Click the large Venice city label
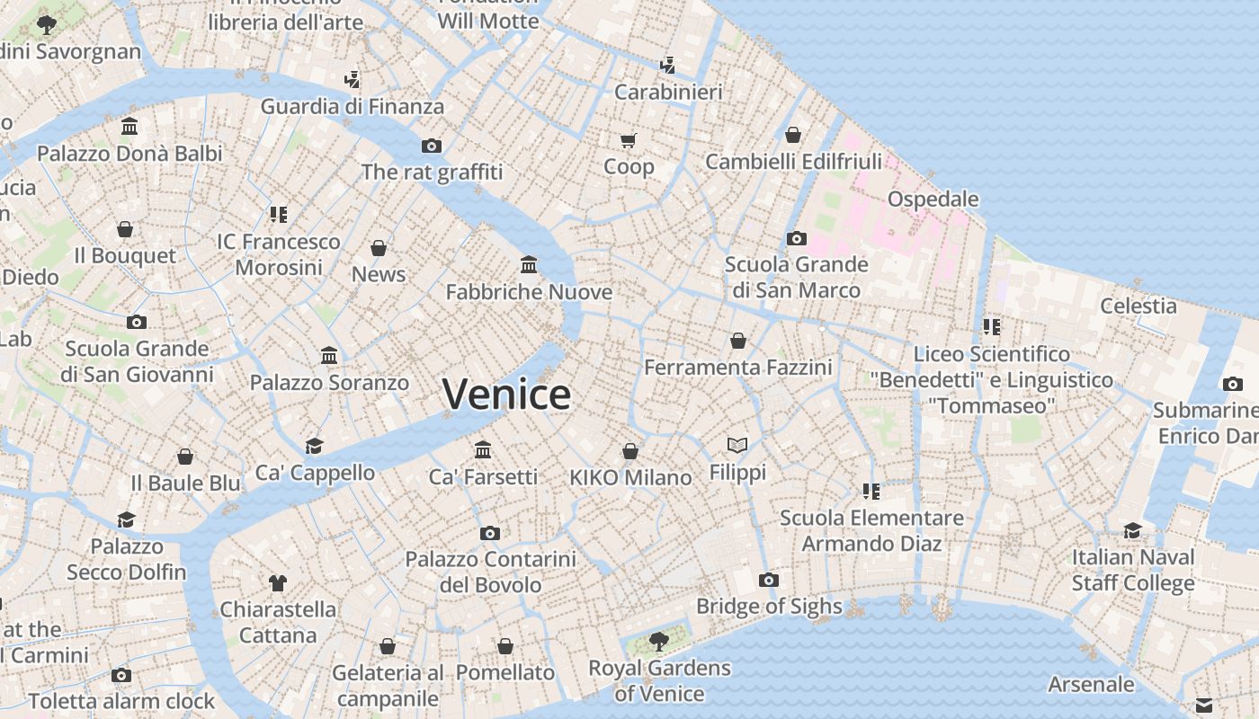(x=506, y=394)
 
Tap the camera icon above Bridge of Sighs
(x=768, y=580)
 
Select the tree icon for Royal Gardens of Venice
(x=659, y=641)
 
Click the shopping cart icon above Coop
(x=629, y=140)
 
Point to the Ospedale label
(x=933, y=199)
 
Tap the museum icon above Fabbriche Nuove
(x=529, y=265)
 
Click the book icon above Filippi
(x=737, y=445)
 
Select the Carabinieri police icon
(x=667, y=65)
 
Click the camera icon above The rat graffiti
(x=432, y=146)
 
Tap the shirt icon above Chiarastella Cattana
(x=278, y=583)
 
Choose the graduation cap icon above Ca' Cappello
(x=314, y=446)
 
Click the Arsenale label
(x=1091, y=684)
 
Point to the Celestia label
(x=1138, y=306)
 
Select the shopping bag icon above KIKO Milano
(x=630, y=450)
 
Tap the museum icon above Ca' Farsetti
(x=483, y=449)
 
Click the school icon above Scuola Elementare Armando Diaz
(x=871, y=491)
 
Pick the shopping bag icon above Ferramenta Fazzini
(x=738, y=341)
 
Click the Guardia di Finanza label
(x=353, y=107)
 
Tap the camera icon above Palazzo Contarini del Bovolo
(x=490, y=533)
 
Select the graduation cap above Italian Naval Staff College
(x=1132, y=530)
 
